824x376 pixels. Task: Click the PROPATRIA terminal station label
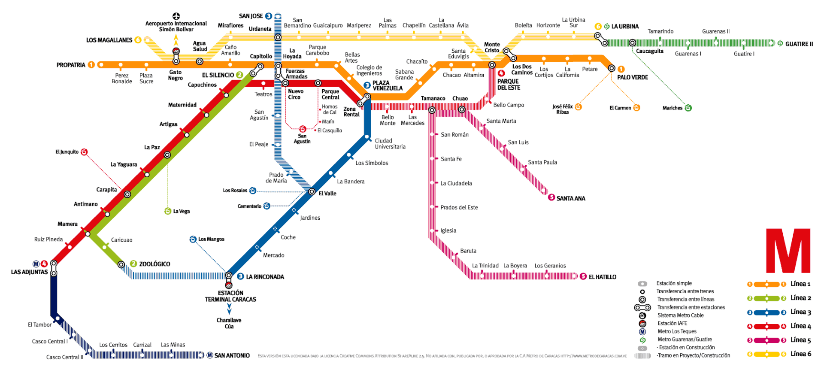click(71, 65)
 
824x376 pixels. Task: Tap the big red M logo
click(788, 251)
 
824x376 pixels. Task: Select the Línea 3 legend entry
click(801, 312)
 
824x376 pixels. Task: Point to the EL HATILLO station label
click(602, 277)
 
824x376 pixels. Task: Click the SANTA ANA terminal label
click(571, 198)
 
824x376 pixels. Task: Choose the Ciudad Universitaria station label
click(390, 144)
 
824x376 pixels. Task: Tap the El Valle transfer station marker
click(312, 192)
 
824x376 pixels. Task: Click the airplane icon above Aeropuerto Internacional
click(176, 16)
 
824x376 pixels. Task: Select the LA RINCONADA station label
click(265, 277)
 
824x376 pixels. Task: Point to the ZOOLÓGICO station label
click(154, 264)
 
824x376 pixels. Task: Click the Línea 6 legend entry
click(801, 354)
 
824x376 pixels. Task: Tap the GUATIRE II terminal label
click(799, 44)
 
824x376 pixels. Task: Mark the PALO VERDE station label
click(633, 77)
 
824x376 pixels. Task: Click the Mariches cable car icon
click(688, 108)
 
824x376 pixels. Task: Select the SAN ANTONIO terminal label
click(232, 355)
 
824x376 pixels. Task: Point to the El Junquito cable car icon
click(84, 152)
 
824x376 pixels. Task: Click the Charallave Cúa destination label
click(229, 323)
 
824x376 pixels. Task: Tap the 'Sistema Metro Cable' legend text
click(681, 315)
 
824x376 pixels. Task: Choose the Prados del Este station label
click(459, 207)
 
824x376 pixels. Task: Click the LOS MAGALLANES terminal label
click(109, 40)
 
